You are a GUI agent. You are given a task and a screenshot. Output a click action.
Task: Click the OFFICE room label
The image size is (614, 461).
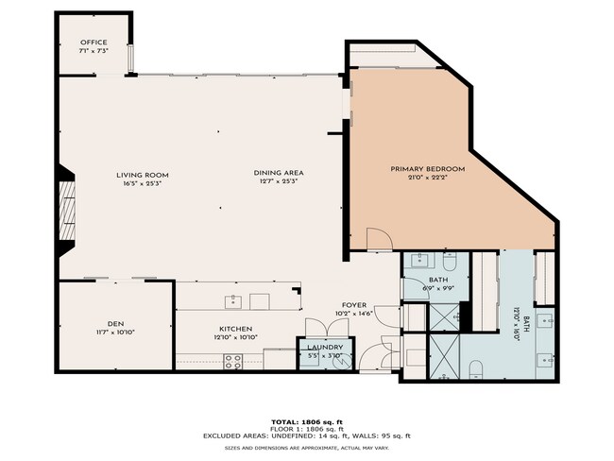coord(94,43)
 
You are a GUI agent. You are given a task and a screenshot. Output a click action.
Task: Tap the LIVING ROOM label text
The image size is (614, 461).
coord(143,175)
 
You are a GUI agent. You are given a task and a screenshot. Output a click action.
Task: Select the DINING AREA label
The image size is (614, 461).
coord(278,173)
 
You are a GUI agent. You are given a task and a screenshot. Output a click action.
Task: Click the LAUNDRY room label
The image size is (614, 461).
coord(326,348)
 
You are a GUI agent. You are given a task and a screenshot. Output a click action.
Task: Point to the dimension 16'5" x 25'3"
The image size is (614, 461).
coord(143,183)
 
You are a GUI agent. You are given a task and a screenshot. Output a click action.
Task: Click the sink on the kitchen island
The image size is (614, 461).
coord(231,300)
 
